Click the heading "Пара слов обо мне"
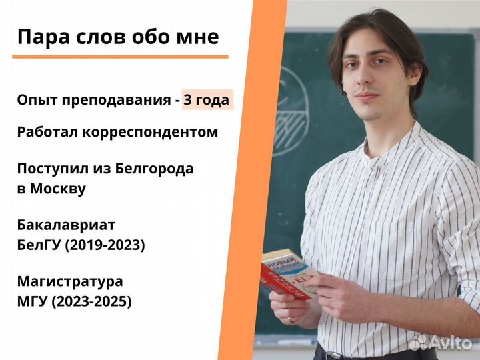[x=118, y=36]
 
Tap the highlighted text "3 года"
[x=207, y=100]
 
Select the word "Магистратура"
[x=70, y=281]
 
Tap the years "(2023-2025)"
[x=94, y=301]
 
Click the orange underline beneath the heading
[x=120, y=57]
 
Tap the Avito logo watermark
[x=439, y=342]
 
